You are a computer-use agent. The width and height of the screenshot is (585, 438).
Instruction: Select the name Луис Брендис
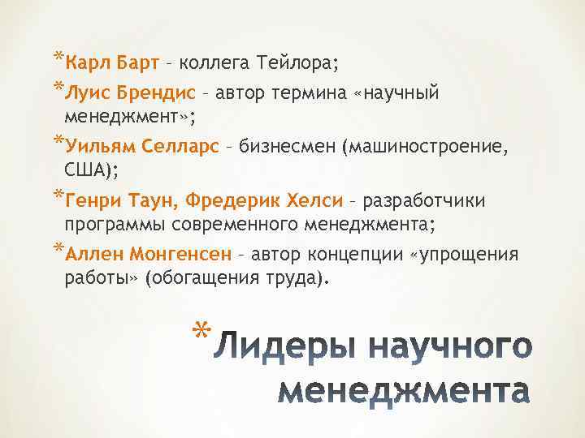[x=120, y=92]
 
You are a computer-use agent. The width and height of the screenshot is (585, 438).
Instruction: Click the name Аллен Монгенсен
[x=147, y=255]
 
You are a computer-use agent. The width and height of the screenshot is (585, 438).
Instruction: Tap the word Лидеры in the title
[x=282, y=346]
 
